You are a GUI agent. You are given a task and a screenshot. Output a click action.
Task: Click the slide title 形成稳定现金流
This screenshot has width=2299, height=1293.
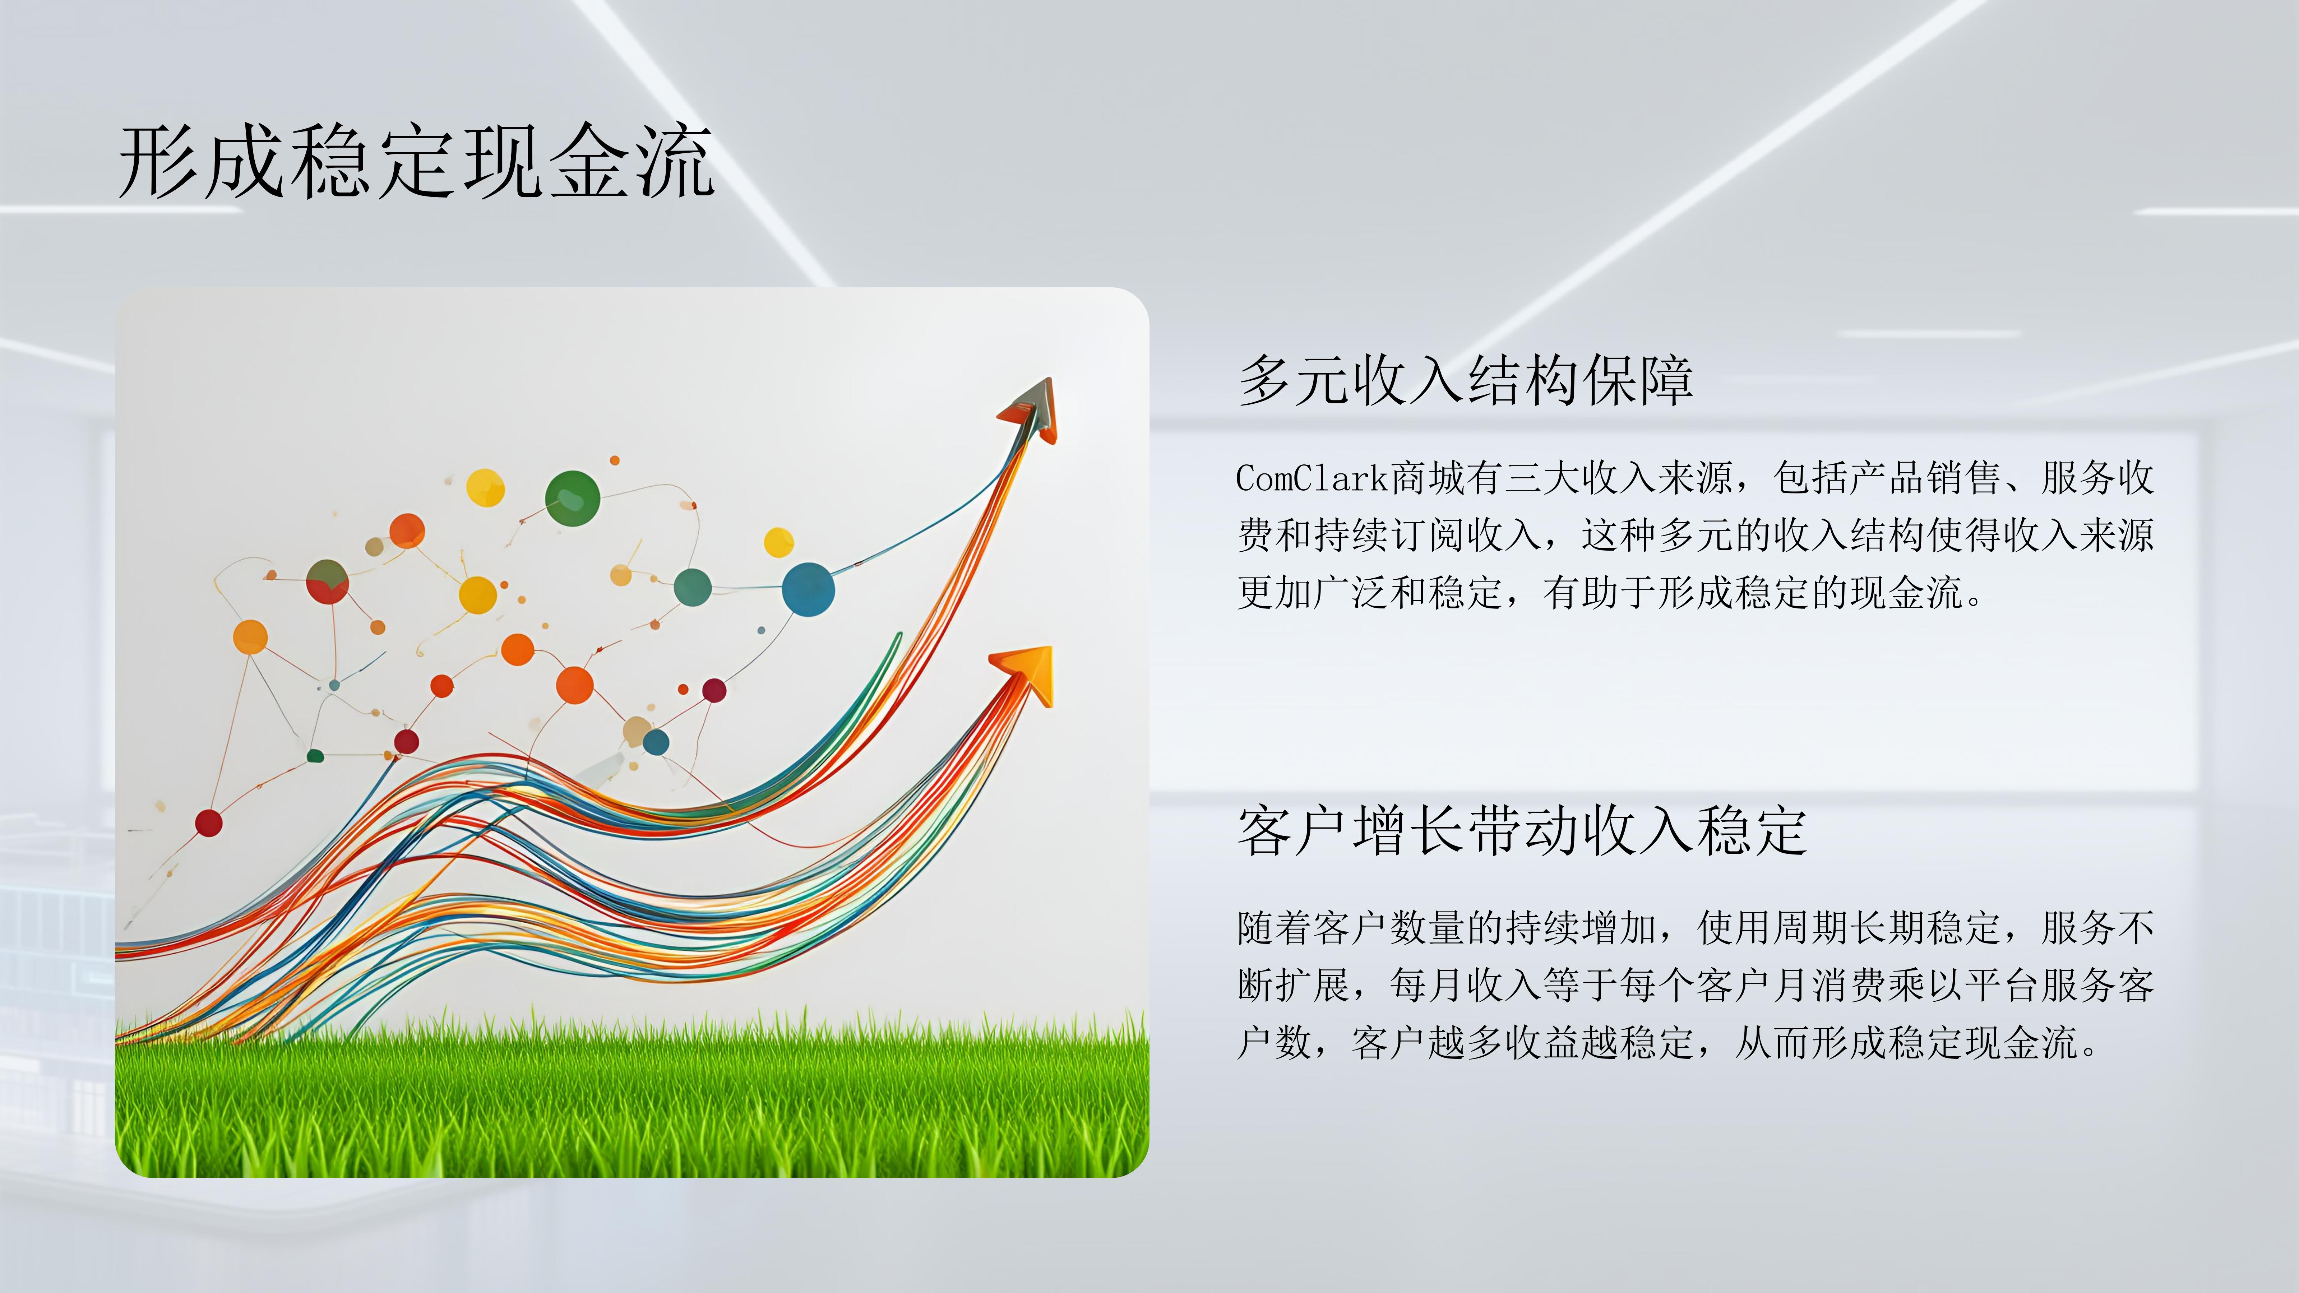pos(416,162)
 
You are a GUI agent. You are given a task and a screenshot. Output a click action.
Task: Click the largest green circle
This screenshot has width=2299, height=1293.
pos(572,498)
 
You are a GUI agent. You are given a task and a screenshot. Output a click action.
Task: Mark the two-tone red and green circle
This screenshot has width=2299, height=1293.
pos(328,582)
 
